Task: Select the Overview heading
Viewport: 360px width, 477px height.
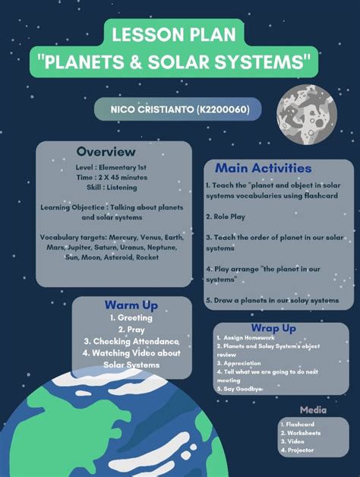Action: [106, 152]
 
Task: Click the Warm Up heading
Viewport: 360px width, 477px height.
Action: [131, 305]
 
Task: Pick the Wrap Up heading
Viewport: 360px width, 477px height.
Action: [273, 328]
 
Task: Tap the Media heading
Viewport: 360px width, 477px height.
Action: [313, 410]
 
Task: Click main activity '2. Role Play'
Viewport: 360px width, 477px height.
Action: [226, 216]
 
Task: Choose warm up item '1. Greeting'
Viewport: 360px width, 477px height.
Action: [131, 317]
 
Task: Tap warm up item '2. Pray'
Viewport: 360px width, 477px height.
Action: [131, 330]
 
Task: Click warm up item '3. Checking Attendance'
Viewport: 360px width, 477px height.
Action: [131, 342]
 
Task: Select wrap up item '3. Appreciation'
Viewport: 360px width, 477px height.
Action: [242, 363]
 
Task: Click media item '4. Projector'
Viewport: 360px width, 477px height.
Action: [297, 450]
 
